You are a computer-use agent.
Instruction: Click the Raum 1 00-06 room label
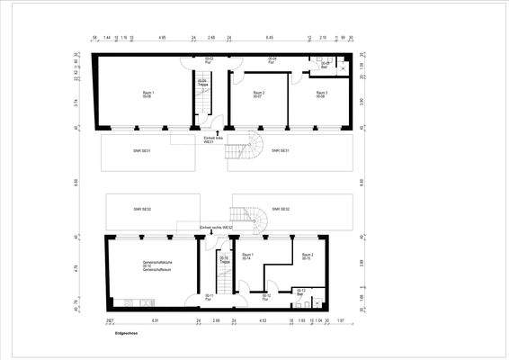click(x=147, y=94)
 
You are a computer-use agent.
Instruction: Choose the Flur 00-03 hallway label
click(x=209, y=60)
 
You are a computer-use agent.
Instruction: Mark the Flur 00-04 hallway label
click(x=272, y=60)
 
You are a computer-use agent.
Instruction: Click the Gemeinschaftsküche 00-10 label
click(x=145, y=265)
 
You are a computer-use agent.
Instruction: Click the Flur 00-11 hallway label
click(x=209, y=297)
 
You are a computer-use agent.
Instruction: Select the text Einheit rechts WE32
click(x=216, y=228)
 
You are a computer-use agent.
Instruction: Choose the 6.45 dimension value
click(x=270, y=39)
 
